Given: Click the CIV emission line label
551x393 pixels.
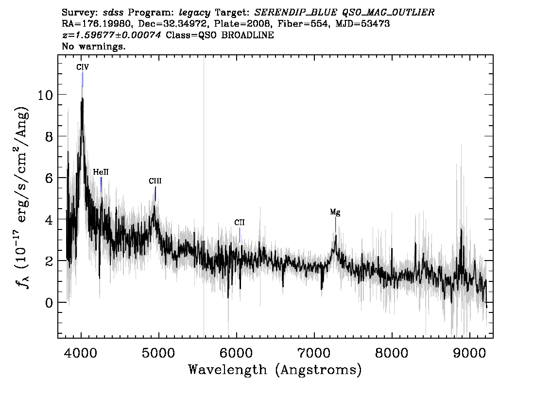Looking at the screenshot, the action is coord(83,67).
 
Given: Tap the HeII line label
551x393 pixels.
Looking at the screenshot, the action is coord(101,172).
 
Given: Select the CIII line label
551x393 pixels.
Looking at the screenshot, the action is coord(155,181).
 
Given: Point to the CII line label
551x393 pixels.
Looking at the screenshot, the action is coord(240,223).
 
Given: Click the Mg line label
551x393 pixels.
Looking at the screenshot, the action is coord(335,213).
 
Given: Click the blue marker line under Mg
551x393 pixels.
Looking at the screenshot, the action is coord(336,225).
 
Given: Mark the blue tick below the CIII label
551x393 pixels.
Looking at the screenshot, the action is coord(155,194).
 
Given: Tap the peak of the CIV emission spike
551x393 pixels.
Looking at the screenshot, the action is coord(82,98).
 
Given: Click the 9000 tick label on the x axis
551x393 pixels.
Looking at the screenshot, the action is coord(469,353).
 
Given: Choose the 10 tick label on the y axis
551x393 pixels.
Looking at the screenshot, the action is coord(45,95).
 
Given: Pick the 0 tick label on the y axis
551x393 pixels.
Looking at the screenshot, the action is coord(49,302).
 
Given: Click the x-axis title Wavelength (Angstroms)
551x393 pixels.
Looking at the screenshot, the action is coord(275,370).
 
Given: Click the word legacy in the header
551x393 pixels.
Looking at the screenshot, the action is coord(195,13).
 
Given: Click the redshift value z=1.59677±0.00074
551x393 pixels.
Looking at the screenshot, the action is coord(111,35).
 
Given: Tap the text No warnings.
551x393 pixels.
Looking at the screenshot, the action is coord(93,46).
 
